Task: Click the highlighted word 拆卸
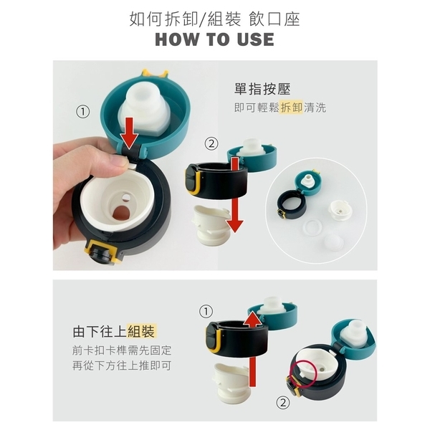(291, 107)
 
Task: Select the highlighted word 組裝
(141, 331)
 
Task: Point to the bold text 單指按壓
(262, 89)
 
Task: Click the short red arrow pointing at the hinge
(129, 133)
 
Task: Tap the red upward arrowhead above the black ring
(252, 321)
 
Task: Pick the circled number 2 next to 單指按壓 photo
(211, 144)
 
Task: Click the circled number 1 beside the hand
(83, 112)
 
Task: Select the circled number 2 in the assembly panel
(283, 403)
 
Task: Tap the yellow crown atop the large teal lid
(155, 73)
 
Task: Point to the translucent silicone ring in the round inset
(313, 226)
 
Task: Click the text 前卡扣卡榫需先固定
(122, 350)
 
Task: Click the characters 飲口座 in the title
(274, 20)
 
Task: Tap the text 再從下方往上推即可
(122, 365)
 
